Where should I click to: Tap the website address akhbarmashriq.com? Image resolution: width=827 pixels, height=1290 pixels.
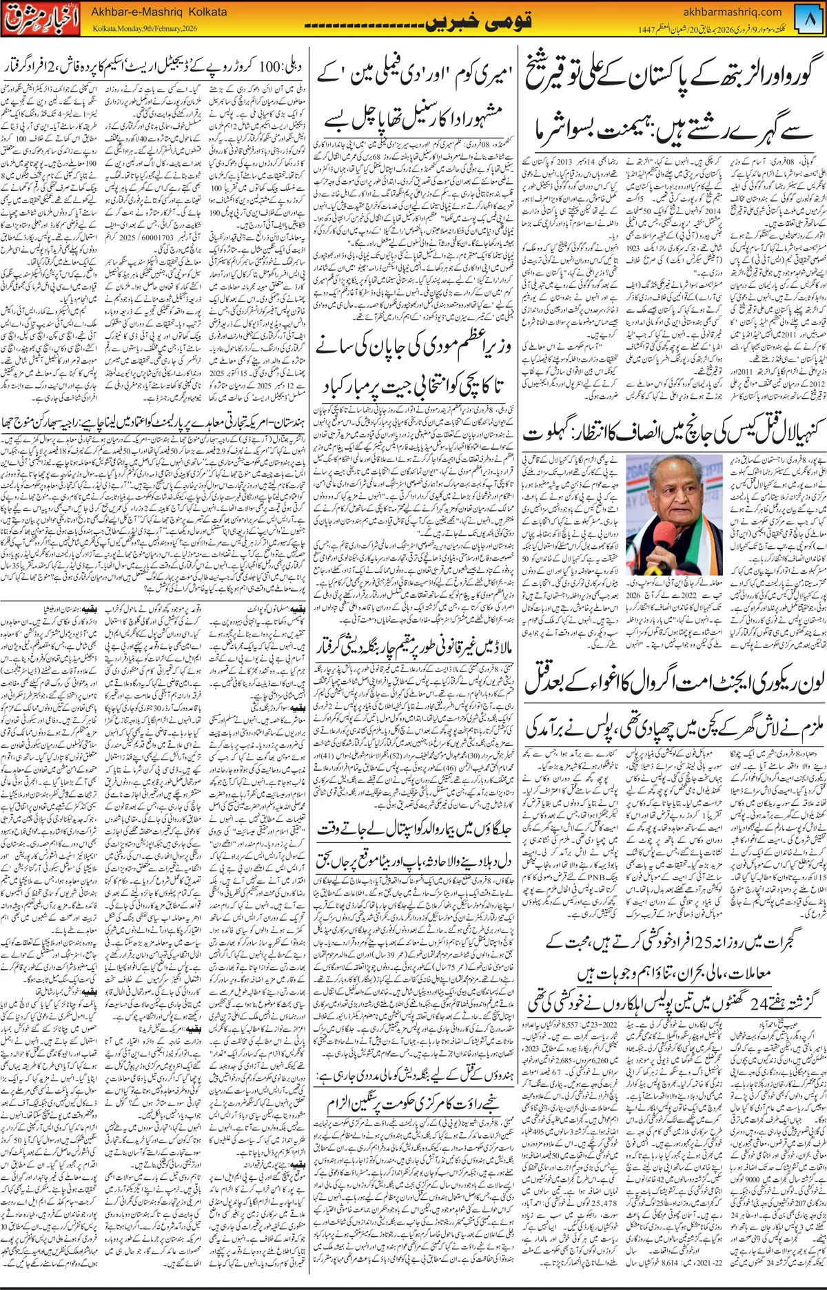[x=733, y=11]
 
